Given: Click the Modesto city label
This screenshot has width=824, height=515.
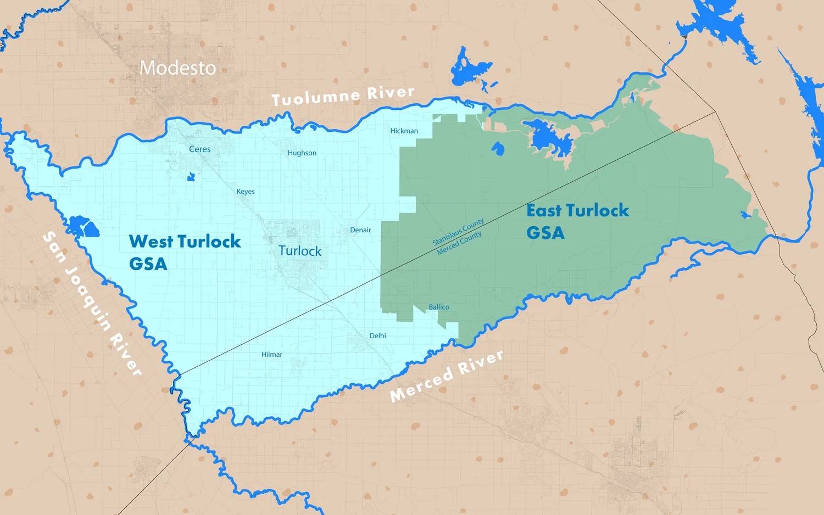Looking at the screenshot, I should click(177, 68).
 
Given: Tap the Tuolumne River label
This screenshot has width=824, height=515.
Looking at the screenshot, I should click(343, 96).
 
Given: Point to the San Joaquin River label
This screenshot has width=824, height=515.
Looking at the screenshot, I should click(92, 304).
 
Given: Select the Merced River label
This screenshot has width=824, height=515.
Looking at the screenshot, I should click(446, 376).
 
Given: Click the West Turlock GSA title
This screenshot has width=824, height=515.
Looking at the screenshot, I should click(185, 252).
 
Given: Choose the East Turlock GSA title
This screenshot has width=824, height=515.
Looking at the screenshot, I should click(577, 221).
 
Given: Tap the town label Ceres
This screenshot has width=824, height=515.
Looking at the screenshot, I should click(199, 149).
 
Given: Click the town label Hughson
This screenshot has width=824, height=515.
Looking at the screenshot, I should click(302, 153).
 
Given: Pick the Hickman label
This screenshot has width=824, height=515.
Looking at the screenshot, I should click(404, 131).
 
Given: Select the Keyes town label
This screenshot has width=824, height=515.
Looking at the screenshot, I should click(246, 192).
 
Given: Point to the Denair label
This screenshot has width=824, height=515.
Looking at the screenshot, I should click(360, 230).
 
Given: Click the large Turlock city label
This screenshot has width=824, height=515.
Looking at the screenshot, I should click(299, 251).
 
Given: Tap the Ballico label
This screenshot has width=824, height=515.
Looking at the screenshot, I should click(439, 307).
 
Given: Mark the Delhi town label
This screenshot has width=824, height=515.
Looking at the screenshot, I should click(377, 335).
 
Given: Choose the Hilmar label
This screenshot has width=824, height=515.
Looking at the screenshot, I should click(271, 355).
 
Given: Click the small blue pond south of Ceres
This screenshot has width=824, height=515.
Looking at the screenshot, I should click(191, 177).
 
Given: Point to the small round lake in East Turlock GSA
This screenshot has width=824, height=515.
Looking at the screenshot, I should click(498, 149).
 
